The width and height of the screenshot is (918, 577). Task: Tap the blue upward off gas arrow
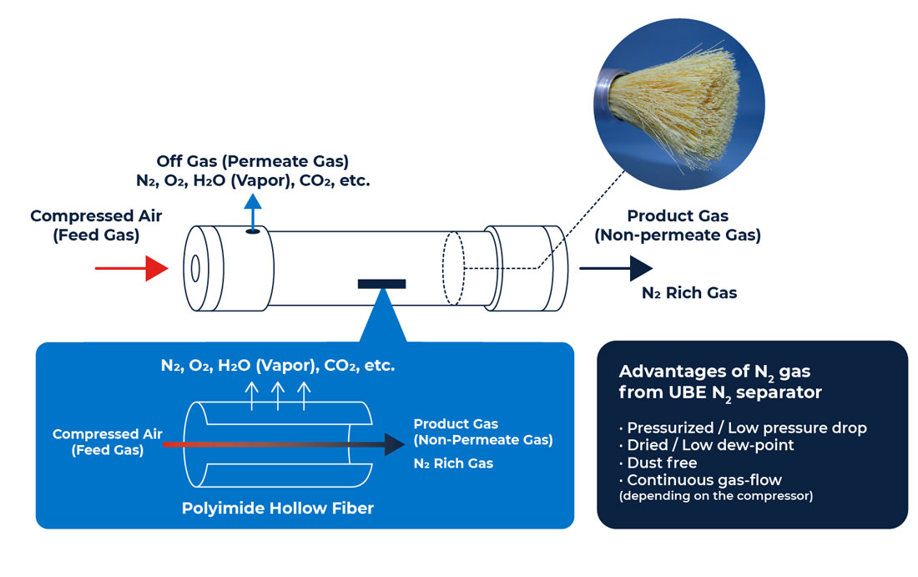pyautogui.click(x=253, y=208)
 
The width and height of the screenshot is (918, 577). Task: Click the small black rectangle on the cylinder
pyautogui.click(x=381, y=284)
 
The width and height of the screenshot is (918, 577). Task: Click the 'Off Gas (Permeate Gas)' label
pyautogui.click(x=252, y=160)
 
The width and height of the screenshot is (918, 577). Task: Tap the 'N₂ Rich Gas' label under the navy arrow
pyautogui.click(x=688, y=293)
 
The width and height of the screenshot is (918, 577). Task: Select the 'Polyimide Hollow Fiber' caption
pyautogui.click(x=277, y=508)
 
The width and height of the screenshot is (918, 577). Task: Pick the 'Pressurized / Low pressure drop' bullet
pyautogui.click(x=746, y=428)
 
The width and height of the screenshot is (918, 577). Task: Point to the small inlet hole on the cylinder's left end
pyautogui.click(x=195, y=268)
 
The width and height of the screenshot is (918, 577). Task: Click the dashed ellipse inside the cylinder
pyautogui.click(x=452, y=268)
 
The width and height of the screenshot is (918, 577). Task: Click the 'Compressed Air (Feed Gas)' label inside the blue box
pyautogui.click(x=107, y=442)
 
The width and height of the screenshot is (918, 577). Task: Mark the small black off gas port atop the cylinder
pyautogui.click(x=252, y=231)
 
